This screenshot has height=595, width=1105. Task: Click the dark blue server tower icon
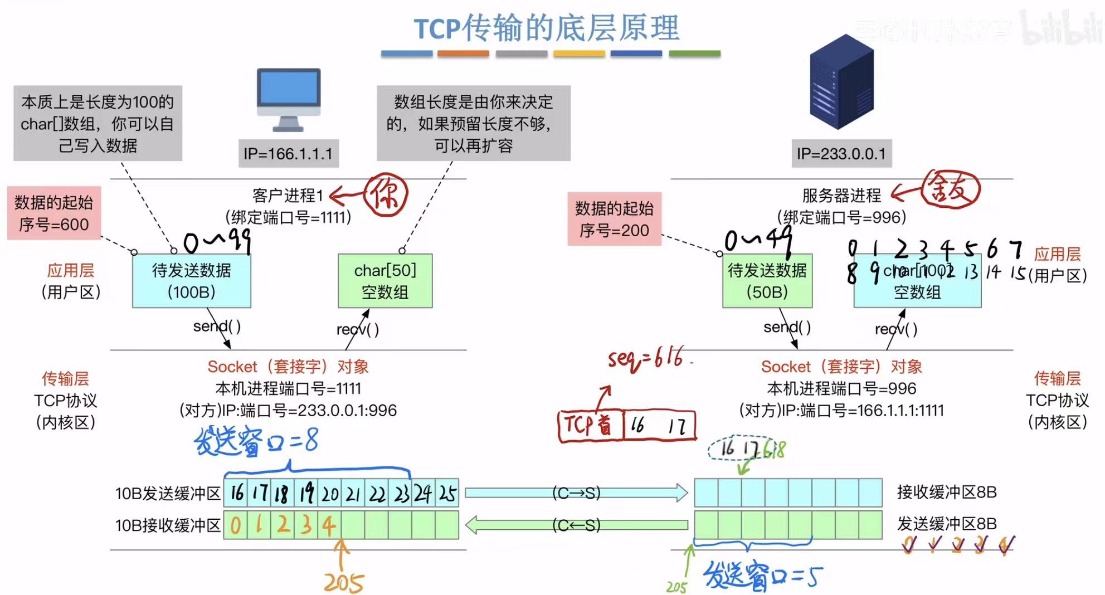click(841, 81)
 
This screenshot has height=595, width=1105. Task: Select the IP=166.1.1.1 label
click(288, 153)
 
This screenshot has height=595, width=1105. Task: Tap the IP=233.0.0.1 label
click(841, 153)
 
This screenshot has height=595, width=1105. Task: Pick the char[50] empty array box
click(385, 281)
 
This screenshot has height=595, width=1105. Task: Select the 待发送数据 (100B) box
click(191, 281)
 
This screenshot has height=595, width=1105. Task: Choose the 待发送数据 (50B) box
click(767, 281)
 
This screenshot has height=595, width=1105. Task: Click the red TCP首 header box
click(590, 426)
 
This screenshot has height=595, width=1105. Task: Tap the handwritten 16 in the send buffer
click(237, 492)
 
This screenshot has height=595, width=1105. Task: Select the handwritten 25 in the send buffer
click(447, 493)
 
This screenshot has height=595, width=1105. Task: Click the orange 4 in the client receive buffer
click(329, 525)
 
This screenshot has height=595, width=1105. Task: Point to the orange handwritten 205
click(344, 582)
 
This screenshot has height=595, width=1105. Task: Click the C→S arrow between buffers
click(576, 492)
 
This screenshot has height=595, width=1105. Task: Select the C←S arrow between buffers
click(576, 525)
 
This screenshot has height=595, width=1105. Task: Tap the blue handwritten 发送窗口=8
click(256, 442)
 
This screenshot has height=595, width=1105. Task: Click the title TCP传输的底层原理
click(547, 28)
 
